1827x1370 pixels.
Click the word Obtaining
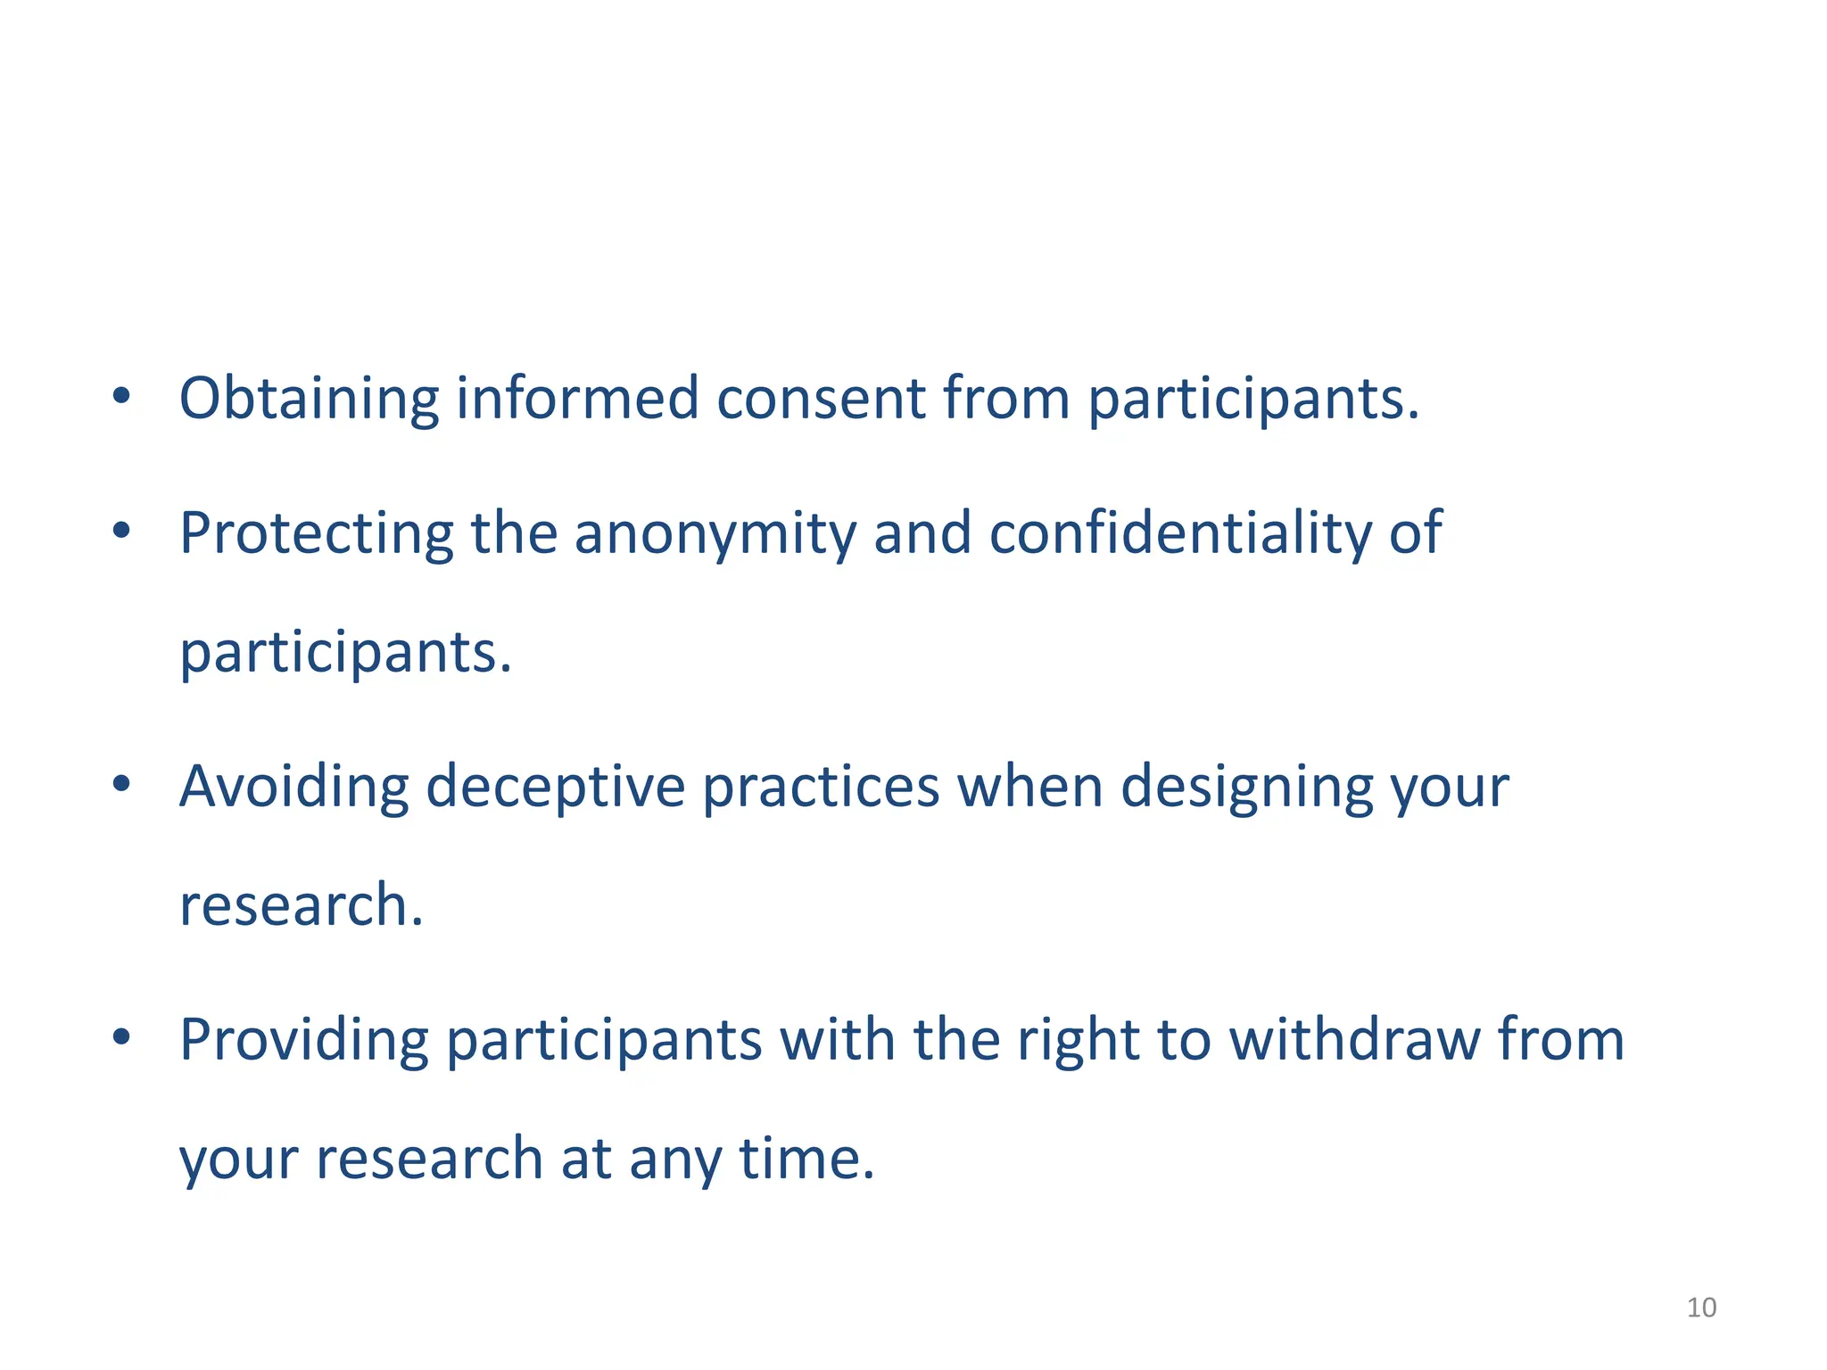[309, 398]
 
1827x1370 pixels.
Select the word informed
[577, 398]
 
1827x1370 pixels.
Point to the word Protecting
[316, 533]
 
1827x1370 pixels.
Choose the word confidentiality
[1180, 533]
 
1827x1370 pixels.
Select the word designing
[1246, 787]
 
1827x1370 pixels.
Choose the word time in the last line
[806, 1159]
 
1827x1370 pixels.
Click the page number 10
[1701, 1308]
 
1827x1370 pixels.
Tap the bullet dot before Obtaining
[122, 396]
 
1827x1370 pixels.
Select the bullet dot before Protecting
[122, 532]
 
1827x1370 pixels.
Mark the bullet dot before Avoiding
[122, 785]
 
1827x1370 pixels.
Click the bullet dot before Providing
[122, 1037]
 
